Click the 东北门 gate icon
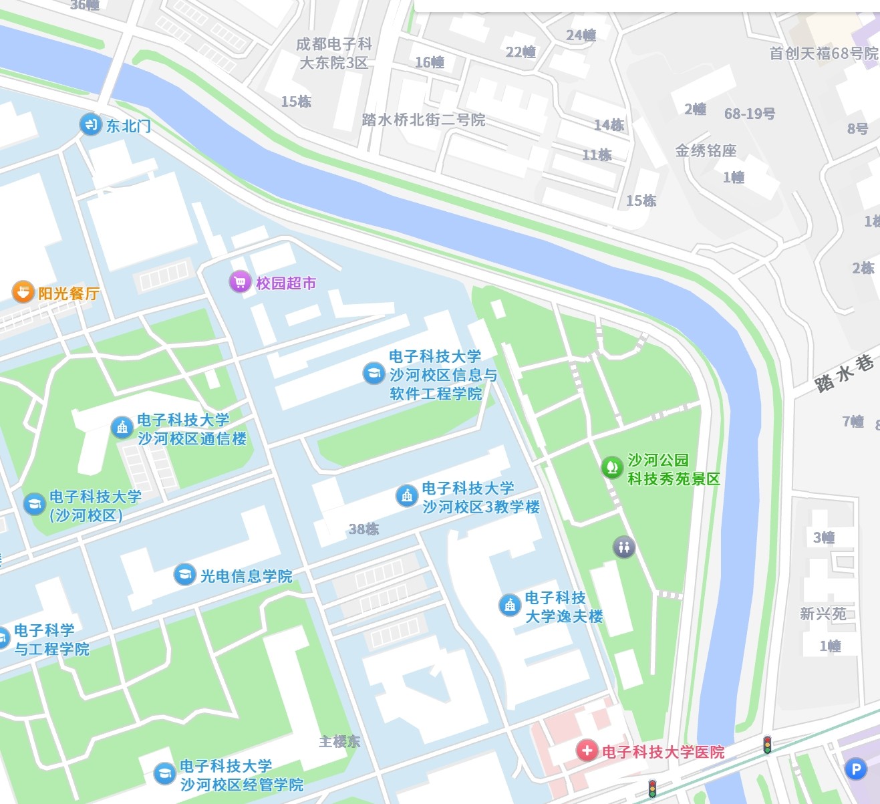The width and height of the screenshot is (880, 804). [90, 124]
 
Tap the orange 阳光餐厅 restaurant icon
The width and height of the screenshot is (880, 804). [23, 292]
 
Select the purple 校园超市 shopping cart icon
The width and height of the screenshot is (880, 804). [240, 282]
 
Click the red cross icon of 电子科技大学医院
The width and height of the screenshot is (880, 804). [587, 751]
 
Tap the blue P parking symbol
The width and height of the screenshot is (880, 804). [855, 769]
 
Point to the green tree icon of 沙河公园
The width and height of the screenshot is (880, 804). [611, 466]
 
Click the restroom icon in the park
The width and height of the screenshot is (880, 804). [624, 547]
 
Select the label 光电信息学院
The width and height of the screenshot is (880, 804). [246, 576]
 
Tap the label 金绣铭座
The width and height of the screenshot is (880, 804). [706, 150]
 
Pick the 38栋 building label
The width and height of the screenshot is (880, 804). [363, 529]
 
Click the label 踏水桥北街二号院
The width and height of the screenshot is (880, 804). [423, 120]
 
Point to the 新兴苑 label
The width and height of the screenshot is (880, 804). [823, 614]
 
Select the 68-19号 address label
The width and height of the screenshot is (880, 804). [749, 114]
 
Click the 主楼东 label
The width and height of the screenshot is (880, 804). [339, 741]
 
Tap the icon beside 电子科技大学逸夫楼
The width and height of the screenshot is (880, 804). [510, 606]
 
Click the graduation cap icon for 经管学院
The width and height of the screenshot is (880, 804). [164, 774]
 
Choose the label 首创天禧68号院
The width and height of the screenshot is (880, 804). [823, 53]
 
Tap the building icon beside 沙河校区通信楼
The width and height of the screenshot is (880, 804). [122, 427]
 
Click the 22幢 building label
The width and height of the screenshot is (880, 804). [521, 52]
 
